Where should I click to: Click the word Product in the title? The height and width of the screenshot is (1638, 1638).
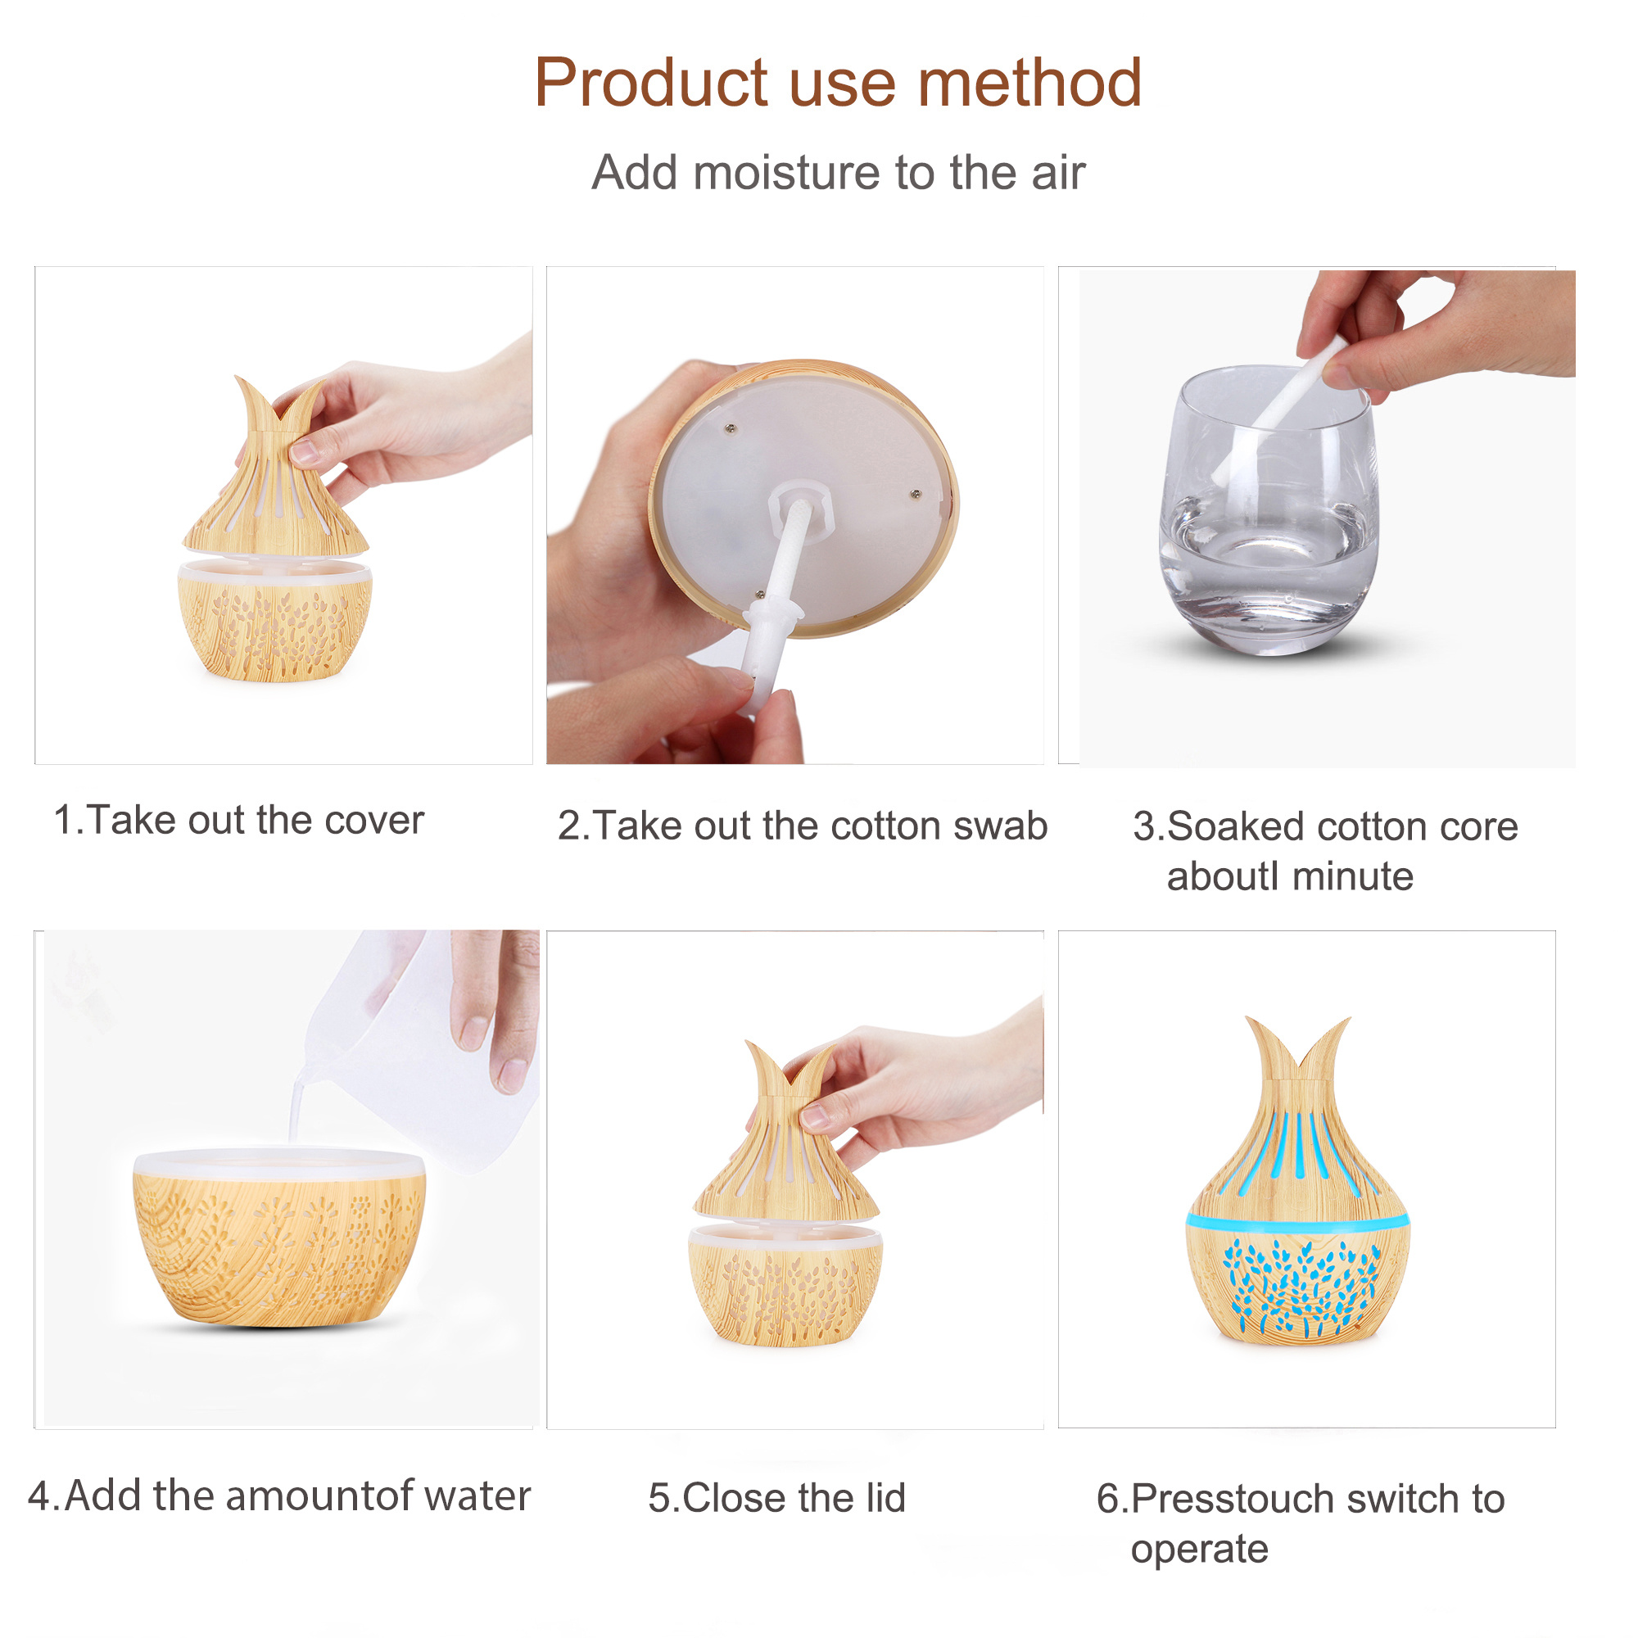pos(650,83)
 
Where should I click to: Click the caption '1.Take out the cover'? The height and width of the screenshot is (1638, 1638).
pos(238,820)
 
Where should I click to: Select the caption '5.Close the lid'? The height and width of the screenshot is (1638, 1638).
pos(776,1498)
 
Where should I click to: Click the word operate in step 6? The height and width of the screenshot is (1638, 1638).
pos(1199,1550)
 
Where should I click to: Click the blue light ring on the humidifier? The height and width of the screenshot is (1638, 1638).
pos(1297,1222)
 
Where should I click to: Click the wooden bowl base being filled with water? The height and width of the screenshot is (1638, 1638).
pos(279,1238)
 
